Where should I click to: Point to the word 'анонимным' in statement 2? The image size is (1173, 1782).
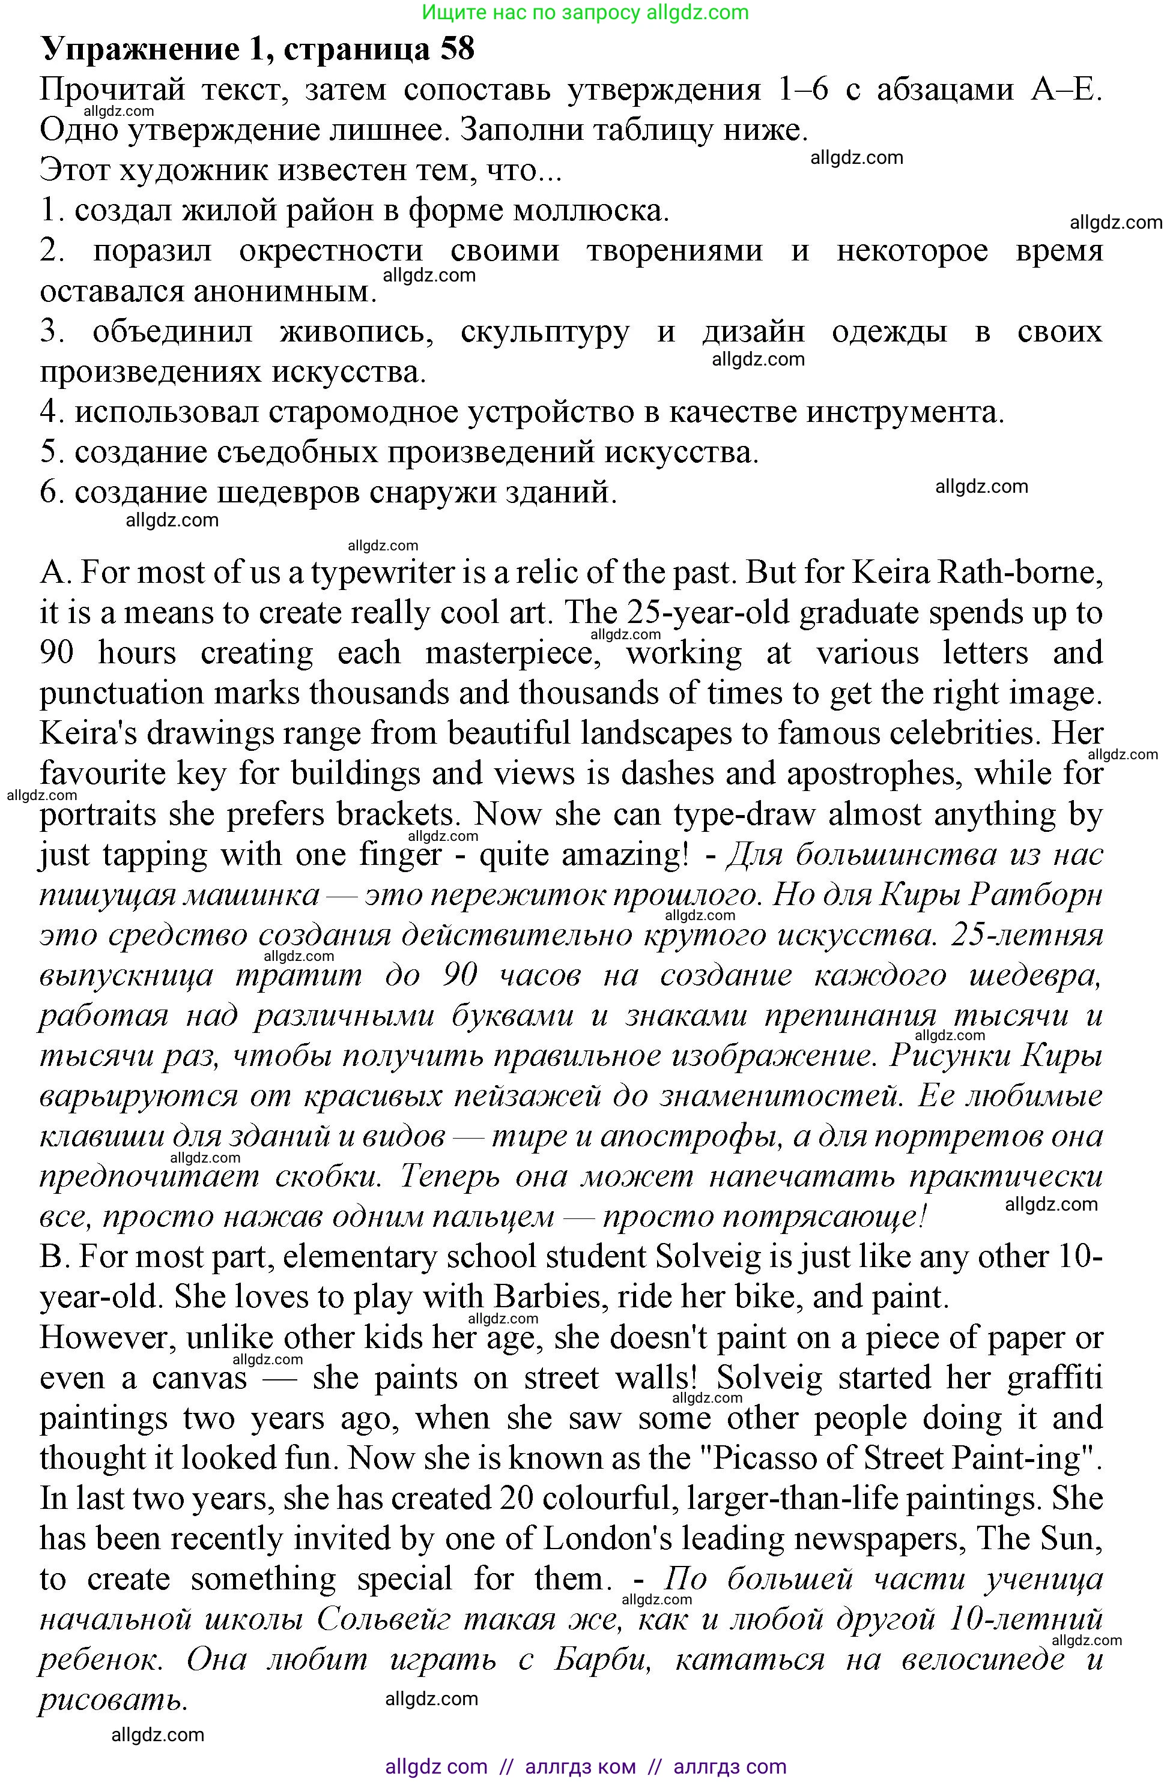pyautogui.click(x=207, y=291)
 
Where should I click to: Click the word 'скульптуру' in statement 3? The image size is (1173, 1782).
pyautogui.click(x=545, y=332)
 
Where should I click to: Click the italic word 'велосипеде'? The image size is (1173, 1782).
pyautogui.click(x=982, y=1660)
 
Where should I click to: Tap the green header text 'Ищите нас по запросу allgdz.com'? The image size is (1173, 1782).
pyautogui.click(x=585, y=12)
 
